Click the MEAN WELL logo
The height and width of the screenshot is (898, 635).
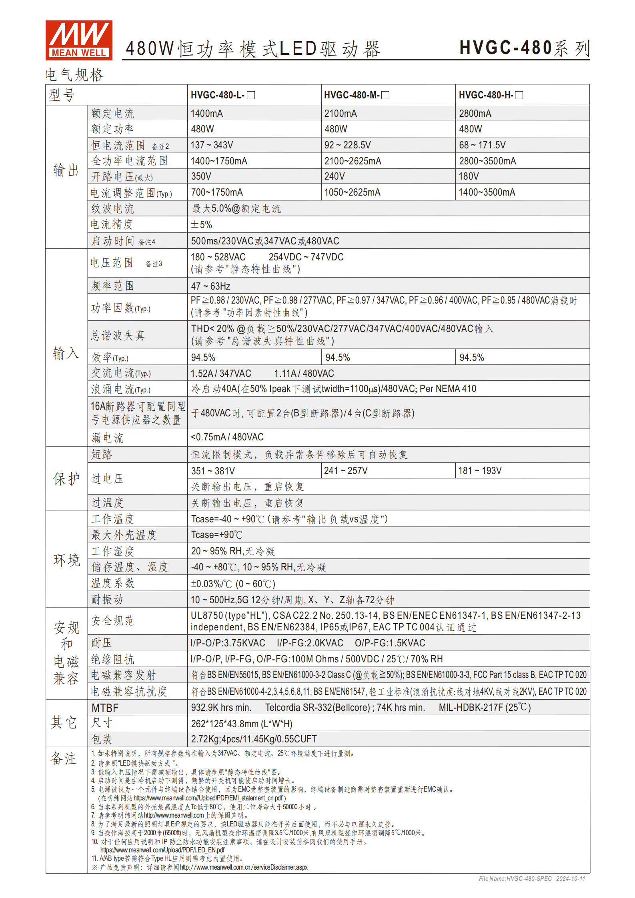point(79,40)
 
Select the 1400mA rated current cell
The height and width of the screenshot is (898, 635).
point(206,114)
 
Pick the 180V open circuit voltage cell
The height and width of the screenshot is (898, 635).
point(469,176)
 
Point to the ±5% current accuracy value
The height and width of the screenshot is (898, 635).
point(201,225)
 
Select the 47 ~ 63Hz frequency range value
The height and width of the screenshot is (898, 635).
point(210,286)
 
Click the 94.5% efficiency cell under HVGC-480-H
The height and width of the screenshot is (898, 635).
point(471,358)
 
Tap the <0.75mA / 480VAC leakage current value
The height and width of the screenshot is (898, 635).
point(227,437)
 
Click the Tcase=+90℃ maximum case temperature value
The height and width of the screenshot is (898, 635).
point(216,535)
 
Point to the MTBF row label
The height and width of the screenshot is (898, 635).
point(105,708)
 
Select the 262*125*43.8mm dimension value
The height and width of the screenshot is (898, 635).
point(242,724)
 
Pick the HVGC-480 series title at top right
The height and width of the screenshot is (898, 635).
point(524,48)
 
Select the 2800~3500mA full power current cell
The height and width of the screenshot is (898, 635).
point(487,161)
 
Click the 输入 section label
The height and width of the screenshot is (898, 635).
point(66,354)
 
